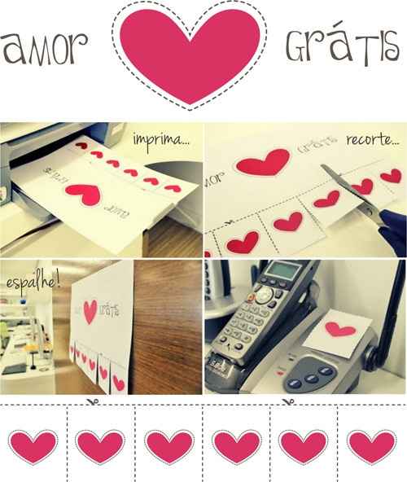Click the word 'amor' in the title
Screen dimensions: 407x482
click(x=45, y=48)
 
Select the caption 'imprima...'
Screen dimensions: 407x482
click(x=161, y=141)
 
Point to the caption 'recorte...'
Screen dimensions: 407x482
click(x=373, y=140)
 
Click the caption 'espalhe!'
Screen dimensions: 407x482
click(x=33, y=283)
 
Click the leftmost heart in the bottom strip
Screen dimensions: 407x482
click(x=33, y=447)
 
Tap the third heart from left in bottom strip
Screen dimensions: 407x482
click(x=169, y=447)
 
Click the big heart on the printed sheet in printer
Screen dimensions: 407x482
click(x=84, y=195)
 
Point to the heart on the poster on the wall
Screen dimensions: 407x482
click(x=90, y=311)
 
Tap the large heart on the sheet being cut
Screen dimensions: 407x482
click(x=264, y=163)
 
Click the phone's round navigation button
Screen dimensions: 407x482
click(x=263, y=295)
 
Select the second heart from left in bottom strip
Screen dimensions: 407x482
click(x=100, y=447)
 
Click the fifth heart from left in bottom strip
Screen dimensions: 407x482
click(x=303, y=447)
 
